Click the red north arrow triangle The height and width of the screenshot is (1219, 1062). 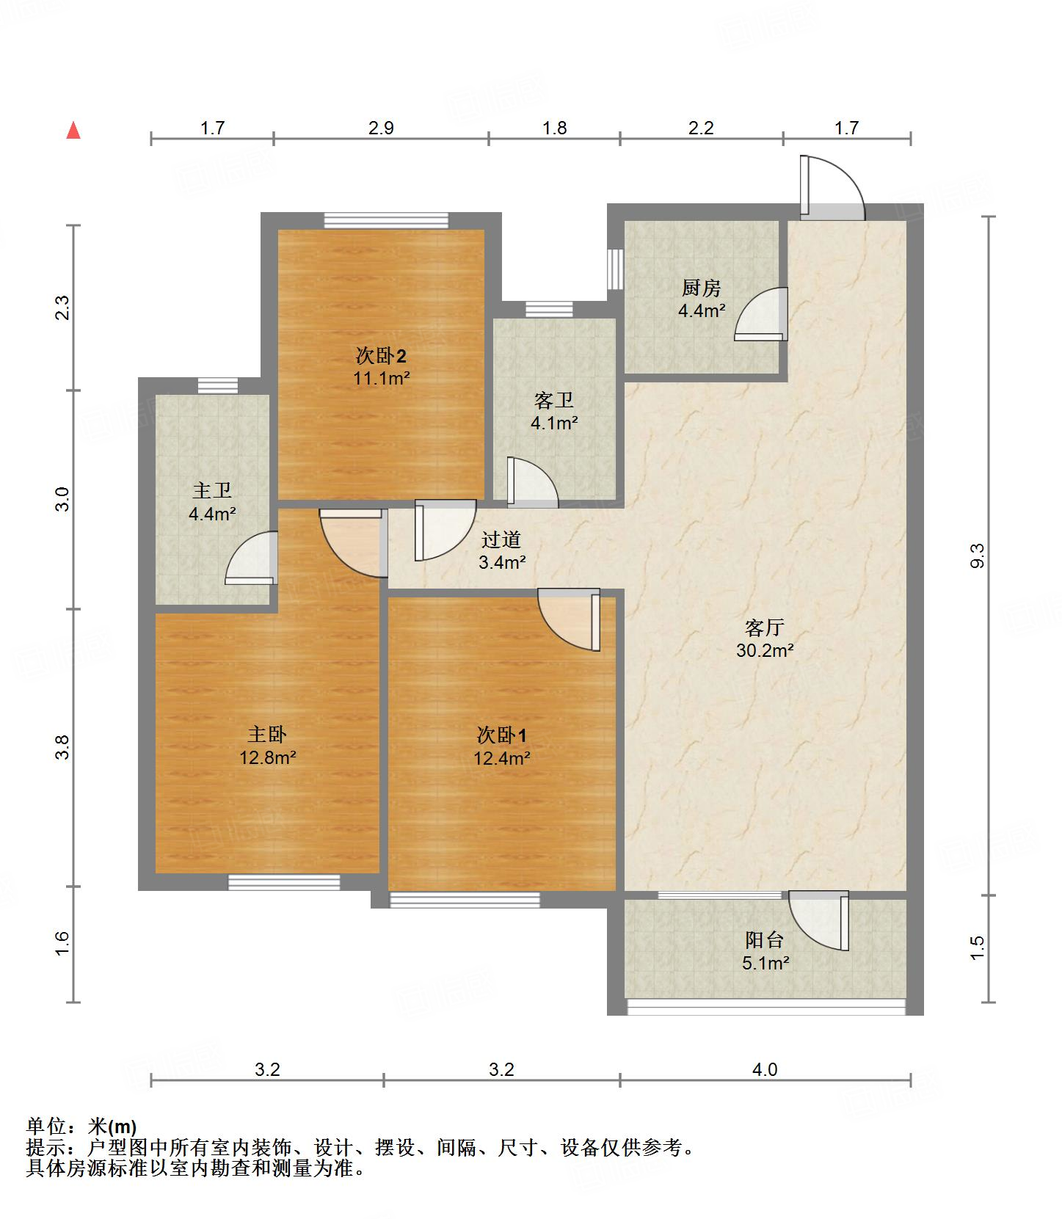coord(73,131)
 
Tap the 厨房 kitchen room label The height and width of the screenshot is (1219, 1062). coord(702,288)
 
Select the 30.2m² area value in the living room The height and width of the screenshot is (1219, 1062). coord(765,650)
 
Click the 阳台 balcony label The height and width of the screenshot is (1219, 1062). coord(765,939)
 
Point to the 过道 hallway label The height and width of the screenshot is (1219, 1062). coord(501,539)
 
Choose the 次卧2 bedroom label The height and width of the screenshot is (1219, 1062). coord(381,356)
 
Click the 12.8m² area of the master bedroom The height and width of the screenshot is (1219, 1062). coord(267,757)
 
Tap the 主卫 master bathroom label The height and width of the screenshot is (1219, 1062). coord(212,490)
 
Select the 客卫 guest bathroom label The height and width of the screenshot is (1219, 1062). coord(554,400)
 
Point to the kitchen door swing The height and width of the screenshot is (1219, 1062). coord(761,314)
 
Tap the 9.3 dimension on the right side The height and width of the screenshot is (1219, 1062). coord(977,556)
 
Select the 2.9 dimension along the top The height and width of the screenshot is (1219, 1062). coord(381,128)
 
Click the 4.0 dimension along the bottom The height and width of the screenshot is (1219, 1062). coord(764,1069)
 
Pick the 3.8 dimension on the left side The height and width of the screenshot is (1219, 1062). coord(64,746)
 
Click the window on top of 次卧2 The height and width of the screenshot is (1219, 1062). coord(386,220)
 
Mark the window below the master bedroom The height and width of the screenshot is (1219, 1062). coord(284,882)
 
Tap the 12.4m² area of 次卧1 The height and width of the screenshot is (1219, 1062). coord(501,757)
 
